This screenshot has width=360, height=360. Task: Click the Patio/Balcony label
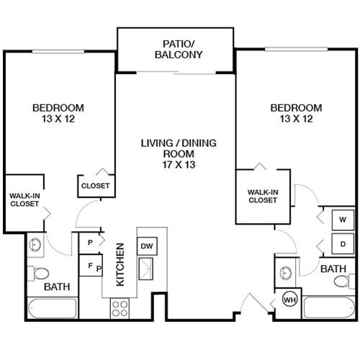pyautogui.click(x=179, y=50)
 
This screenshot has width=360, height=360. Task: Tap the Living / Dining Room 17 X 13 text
pyautogui.click(x=179, y=154)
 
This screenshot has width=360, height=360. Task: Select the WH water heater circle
pyautogui.click(x=289, y=300)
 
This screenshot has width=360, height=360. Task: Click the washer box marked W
pyautogui.click(x=343, y=220)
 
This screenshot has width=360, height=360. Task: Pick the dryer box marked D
pyautogui.click(x=343, y=244)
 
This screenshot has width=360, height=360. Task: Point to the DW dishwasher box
pyautogui.click(x=147, y=246)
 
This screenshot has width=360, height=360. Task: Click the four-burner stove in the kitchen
pyautogui.click(x=120, y=308)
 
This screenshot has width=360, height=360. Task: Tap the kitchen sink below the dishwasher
pyautogui.click(x=146, y=269)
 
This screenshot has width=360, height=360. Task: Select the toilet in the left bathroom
pyautogui.click(x=38, y=274)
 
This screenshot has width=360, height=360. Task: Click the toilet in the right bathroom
pyautogui.click(x=344, y=281)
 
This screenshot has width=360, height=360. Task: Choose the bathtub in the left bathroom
pyautogui.click(x=53, y=308)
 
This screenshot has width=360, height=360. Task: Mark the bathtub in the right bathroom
pyautogui.click(x=329, y=307)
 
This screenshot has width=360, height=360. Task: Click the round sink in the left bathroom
pyautogui.click(x=35, y=245)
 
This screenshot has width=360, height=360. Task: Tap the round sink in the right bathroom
pyautogui.click(x=286, y=273)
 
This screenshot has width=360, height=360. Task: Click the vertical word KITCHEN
pyautogui.click(x=120, y=264)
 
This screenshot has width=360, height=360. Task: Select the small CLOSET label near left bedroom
pyautogui.click(x=95, y=186)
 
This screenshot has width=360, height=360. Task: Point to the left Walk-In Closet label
pyautogui.click(x=24, y=199)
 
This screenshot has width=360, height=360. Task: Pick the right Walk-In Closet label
pyautogui.click(x=263, y=196)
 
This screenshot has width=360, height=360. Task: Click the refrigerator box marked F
pyautogui.click(x=91, y=266)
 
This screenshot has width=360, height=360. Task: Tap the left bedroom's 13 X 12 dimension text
pyautogui.click(x=58, y=119)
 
